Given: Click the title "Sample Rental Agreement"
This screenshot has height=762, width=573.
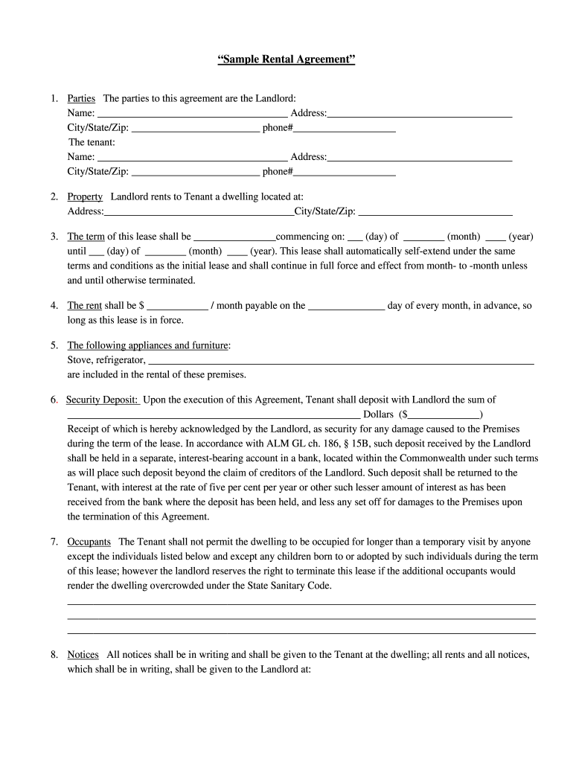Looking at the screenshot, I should pos(286,59).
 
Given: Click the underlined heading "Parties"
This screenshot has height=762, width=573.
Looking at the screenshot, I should pos(81,98).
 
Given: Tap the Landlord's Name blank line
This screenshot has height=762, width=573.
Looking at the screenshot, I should pos(192,114).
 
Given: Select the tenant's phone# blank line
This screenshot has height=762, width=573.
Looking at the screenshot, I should pos(345,173).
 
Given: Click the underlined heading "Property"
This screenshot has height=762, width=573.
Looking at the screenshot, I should pos(85,197).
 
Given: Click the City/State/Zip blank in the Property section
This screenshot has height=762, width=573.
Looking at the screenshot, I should pos(435,213).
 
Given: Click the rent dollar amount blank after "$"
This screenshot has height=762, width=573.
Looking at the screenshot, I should pos(178,306).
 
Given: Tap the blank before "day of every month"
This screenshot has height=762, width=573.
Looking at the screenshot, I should pos(346,306).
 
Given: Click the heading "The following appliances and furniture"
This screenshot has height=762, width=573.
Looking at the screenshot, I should pos(148,345).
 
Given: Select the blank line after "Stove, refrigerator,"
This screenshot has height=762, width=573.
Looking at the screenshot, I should pos(341,361).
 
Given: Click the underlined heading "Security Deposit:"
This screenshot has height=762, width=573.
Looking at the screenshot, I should pos(102,400).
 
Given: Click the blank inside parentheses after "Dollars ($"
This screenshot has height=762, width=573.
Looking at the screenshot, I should pos(444,414).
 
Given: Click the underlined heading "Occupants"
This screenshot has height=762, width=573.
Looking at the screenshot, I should pos(89,542).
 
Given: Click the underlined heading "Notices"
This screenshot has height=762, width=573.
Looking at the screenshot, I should pos(83,655).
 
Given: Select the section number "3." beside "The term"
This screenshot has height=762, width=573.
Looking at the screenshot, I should pos(54,237).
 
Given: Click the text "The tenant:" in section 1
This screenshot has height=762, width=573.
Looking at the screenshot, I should pos(92,142).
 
